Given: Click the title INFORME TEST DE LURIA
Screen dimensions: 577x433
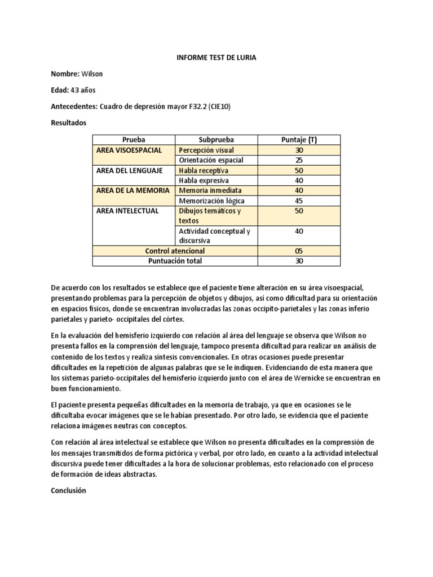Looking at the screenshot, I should click(216, 58).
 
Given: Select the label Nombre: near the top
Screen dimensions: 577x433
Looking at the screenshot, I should click(65, 74).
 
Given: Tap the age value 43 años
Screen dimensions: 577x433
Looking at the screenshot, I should click(81, 90).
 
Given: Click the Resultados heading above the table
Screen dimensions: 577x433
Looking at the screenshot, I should click(69, 121).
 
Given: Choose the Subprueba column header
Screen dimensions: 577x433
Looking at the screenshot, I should click(216, 140).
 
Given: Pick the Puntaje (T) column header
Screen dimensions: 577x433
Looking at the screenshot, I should click(299, 140).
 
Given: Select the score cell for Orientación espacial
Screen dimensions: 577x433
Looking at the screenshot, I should click(299, 160).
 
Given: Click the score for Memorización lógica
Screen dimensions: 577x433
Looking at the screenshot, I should click(299, 201).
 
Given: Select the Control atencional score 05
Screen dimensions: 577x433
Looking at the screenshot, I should click(299, 250).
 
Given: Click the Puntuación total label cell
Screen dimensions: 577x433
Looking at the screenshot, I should click(175, 260).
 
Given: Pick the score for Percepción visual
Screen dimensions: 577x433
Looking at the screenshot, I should click(299, 150).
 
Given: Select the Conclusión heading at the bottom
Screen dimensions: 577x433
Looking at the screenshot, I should click(68, 490).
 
